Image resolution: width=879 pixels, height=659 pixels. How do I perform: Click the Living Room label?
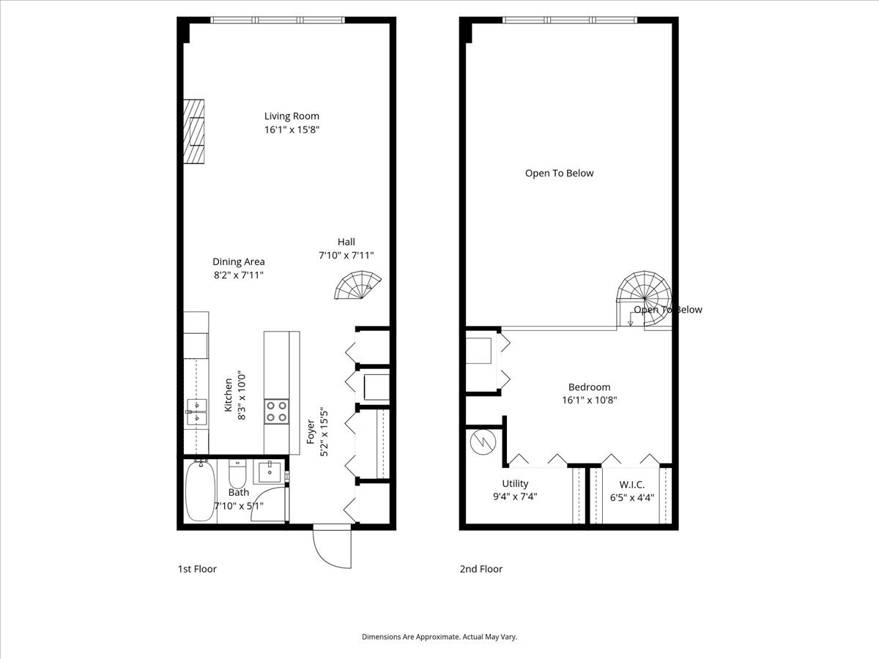point(292,116)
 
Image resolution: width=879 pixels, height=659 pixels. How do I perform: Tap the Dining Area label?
point(238,261)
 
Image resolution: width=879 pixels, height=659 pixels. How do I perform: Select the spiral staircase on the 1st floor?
point(359,286)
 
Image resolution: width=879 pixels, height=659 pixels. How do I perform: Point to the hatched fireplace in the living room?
point(193,132)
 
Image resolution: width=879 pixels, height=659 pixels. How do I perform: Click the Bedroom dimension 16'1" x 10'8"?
point(589,401)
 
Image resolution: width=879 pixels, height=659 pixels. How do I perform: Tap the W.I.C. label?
point(631,484)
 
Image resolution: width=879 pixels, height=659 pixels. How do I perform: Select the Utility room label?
point(515,483)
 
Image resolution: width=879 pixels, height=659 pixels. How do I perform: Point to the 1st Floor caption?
point(197,569)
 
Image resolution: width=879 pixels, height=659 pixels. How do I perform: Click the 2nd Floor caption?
point(481,569)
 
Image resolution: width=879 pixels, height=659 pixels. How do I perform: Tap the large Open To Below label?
point(559,174)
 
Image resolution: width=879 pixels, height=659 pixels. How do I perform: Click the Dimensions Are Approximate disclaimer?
point(439,637)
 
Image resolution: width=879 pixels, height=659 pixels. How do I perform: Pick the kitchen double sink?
point(196,412)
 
